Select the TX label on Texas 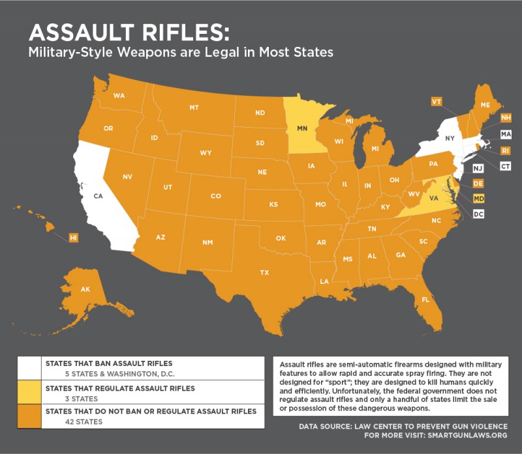tap(264, 272)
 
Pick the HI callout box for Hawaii tap(74, 238)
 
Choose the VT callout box tap(437, 102)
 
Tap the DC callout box tap(478, 213)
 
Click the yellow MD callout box tap(478, 198)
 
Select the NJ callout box tap(478, 168)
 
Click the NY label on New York tap(450, 139)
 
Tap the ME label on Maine tap(485, 105)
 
